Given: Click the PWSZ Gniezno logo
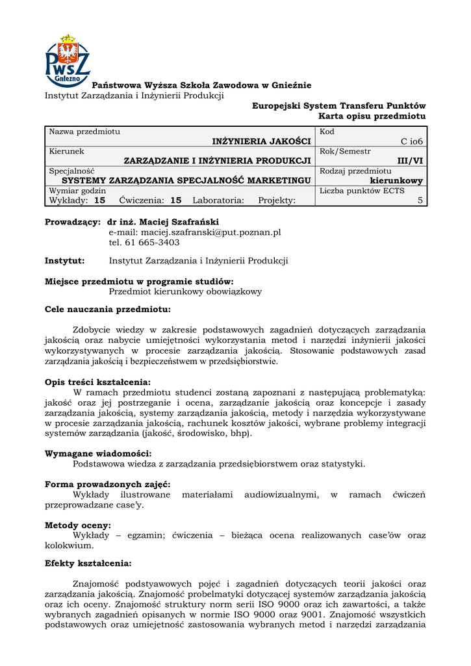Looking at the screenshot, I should pos(68,60).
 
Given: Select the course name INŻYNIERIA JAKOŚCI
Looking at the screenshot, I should pos(261,141).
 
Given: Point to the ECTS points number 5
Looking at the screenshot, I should pos(420,200).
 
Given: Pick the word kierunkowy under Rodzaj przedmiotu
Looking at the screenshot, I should pos(396,181).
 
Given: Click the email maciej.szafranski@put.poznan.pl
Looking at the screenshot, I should pos(194,232).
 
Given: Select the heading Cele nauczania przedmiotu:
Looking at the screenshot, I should pos(107,310).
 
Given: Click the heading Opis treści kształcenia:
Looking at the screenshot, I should pos(97,382).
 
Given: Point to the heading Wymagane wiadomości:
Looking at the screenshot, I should pos(98,453).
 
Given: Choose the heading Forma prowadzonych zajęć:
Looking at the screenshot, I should pos(108,485).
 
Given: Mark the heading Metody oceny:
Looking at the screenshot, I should pos(77,525).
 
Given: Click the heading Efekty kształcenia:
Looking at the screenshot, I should pos(88,563).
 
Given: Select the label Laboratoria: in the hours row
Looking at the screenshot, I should pos(218,200).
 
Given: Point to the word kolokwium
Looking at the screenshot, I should pos(70,545).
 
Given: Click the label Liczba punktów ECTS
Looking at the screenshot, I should pos(362,191).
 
